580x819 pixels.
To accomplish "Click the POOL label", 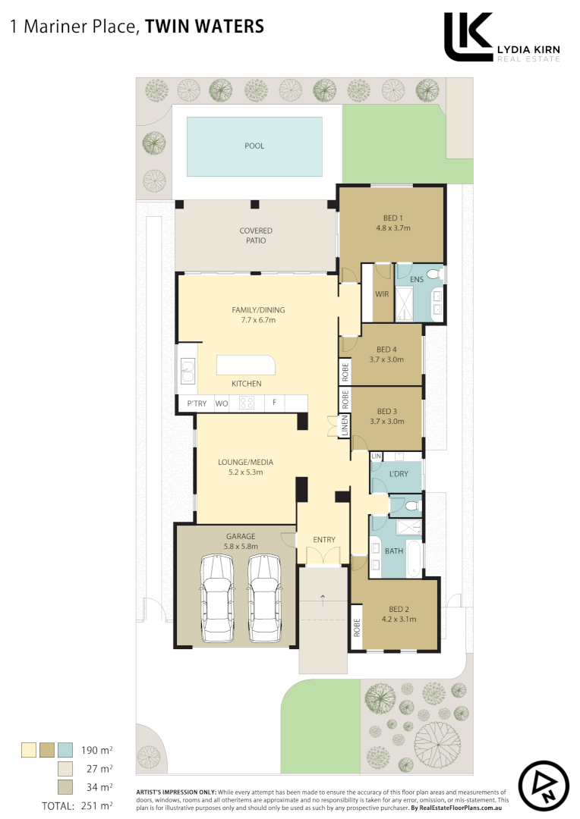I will pos(254,146).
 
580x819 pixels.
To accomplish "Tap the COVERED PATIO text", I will pos(256,235).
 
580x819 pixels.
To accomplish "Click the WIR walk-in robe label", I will pos(382,294).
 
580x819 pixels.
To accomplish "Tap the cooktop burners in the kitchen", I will pos(247,403).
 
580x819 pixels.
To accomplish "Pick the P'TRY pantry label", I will pos(197,403).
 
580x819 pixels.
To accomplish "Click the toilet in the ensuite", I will pos(433,274).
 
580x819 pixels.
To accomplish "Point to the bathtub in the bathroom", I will pos(414,558).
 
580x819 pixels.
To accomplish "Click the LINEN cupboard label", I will pos(345,425).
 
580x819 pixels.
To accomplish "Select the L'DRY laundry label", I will pos(399,474).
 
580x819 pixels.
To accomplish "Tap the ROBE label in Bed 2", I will pos(355,627).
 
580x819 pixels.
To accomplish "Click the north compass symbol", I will pos(544,786).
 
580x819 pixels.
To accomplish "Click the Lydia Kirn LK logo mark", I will pos(468,36).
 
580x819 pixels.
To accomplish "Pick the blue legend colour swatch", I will pos(65,750).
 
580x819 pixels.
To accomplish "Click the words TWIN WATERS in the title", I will pos(204,27).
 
